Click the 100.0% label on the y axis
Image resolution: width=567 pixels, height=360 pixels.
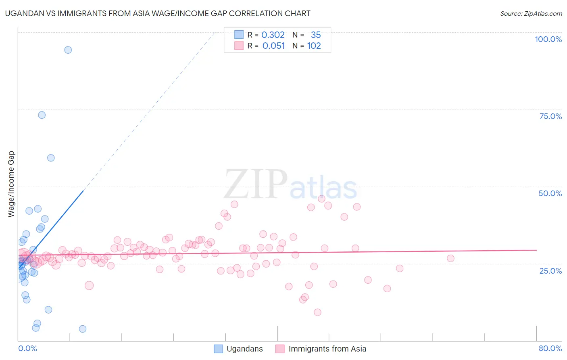(548, 39)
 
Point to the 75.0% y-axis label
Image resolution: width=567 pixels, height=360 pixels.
(550, 116)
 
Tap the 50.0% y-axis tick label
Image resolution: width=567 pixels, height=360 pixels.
(550, 193)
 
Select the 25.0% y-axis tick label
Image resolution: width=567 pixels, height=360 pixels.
(550, 270)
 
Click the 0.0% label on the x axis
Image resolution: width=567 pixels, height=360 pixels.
(27, 348)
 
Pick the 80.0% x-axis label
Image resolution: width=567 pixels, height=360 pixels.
(550, 348)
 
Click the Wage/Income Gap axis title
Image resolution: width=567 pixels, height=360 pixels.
(11, 184)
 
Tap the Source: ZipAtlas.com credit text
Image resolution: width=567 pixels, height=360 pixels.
(531, 13)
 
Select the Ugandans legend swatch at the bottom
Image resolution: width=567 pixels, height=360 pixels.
(218, 349)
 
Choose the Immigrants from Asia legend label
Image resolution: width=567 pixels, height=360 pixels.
(327, 349)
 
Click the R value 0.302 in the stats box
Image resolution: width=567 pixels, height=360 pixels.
(273, 35)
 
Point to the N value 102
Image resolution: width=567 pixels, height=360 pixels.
(314, 46)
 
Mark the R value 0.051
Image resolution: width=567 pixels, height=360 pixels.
(273, 46)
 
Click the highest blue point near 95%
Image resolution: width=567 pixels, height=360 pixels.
(68, 50)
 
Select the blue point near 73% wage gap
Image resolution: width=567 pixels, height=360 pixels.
(42, 115)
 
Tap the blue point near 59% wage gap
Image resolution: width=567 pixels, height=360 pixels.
(51, 158)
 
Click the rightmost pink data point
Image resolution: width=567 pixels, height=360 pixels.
(450, 258)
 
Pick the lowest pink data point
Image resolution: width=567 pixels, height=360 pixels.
(317, 312)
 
